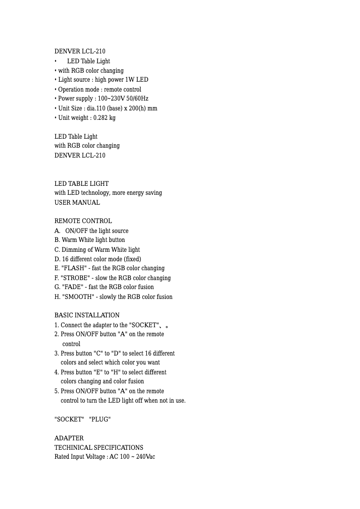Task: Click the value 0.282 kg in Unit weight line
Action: pyautogui.click(x=104, y=118)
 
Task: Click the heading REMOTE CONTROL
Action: pyautogui.click(x=83, y=221)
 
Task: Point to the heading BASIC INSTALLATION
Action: pyautogui.click(x=87, y=315)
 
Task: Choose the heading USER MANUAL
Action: pyautogui.click(x=77, y=202)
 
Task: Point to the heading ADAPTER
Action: pyautogui.click(x=69, y=438)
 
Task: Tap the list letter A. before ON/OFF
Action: pyautogui.click(x=57, y=231)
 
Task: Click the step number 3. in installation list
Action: pyautogui.click(x=57, y=353)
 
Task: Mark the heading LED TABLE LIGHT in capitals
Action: pyautogui.click(x=81, y=184)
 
